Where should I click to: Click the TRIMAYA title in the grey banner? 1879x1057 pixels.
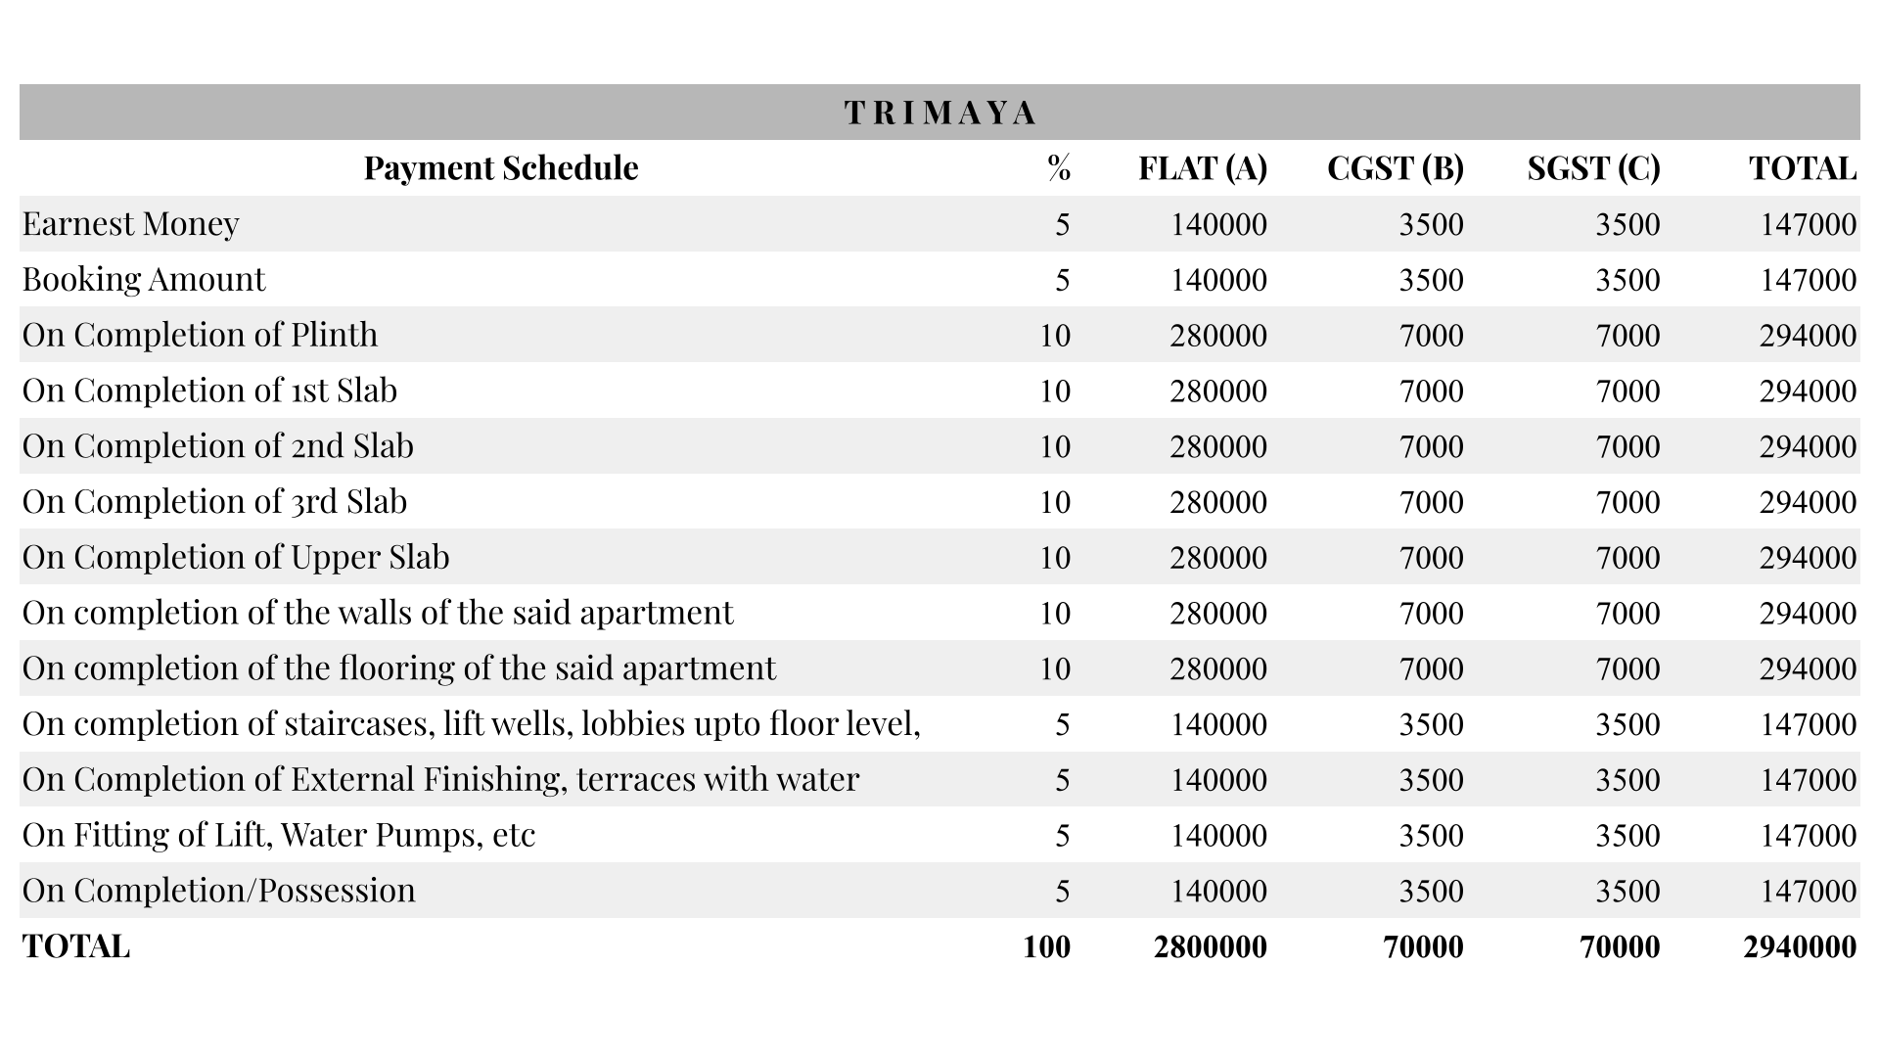point(939,114)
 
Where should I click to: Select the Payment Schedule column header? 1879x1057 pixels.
point(501,168)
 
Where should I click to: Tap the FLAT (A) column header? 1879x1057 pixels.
point(1202,168)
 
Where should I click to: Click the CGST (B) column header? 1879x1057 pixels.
point(1395,168)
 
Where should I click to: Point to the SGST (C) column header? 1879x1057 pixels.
point(1593,168)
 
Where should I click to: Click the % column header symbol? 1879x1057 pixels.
point(1058,168)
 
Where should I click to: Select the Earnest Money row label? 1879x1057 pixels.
point(131,224)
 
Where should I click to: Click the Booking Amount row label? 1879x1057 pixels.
point(144,280)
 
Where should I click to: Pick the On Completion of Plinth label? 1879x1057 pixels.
point(200,336)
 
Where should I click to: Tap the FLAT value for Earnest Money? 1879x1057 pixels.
point(1218,225)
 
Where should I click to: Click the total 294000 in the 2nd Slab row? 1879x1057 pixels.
point(1807,447)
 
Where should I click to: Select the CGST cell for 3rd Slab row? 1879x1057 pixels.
point(1431,503)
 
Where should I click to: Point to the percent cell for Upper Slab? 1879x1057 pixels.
point(1054,558)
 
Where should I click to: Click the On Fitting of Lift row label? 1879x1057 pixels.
point(279,836)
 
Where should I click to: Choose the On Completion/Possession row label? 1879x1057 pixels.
point(219,892)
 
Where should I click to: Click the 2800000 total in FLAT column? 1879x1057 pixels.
point(1210,947)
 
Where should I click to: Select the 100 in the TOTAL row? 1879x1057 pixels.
point(1046,947)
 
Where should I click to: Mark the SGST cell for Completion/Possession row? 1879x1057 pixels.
point(1627,892)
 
